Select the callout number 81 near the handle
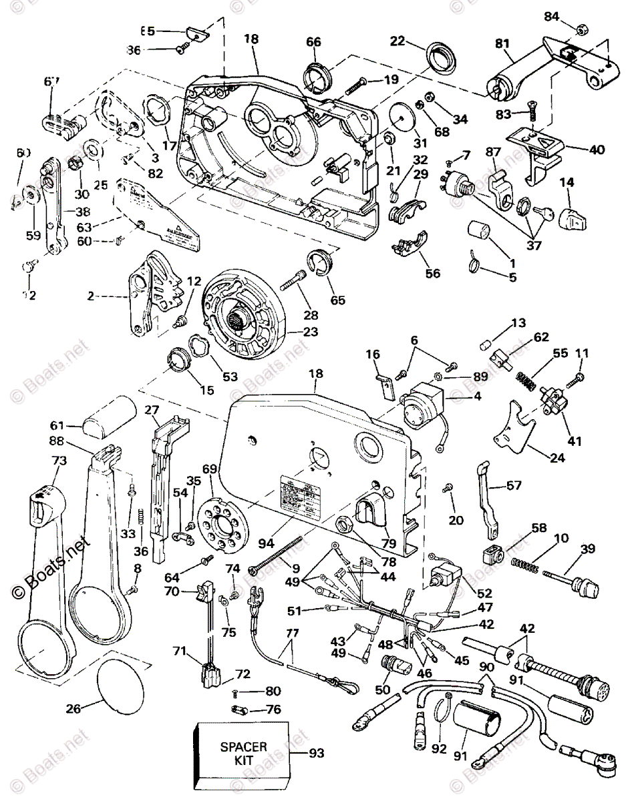click(502, 43)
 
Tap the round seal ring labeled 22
click(440, 59)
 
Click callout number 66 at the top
click(313, 41)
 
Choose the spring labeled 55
click(527, 384)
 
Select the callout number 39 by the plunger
click(587, 549)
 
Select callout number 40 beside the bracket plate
click(597, 150)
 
